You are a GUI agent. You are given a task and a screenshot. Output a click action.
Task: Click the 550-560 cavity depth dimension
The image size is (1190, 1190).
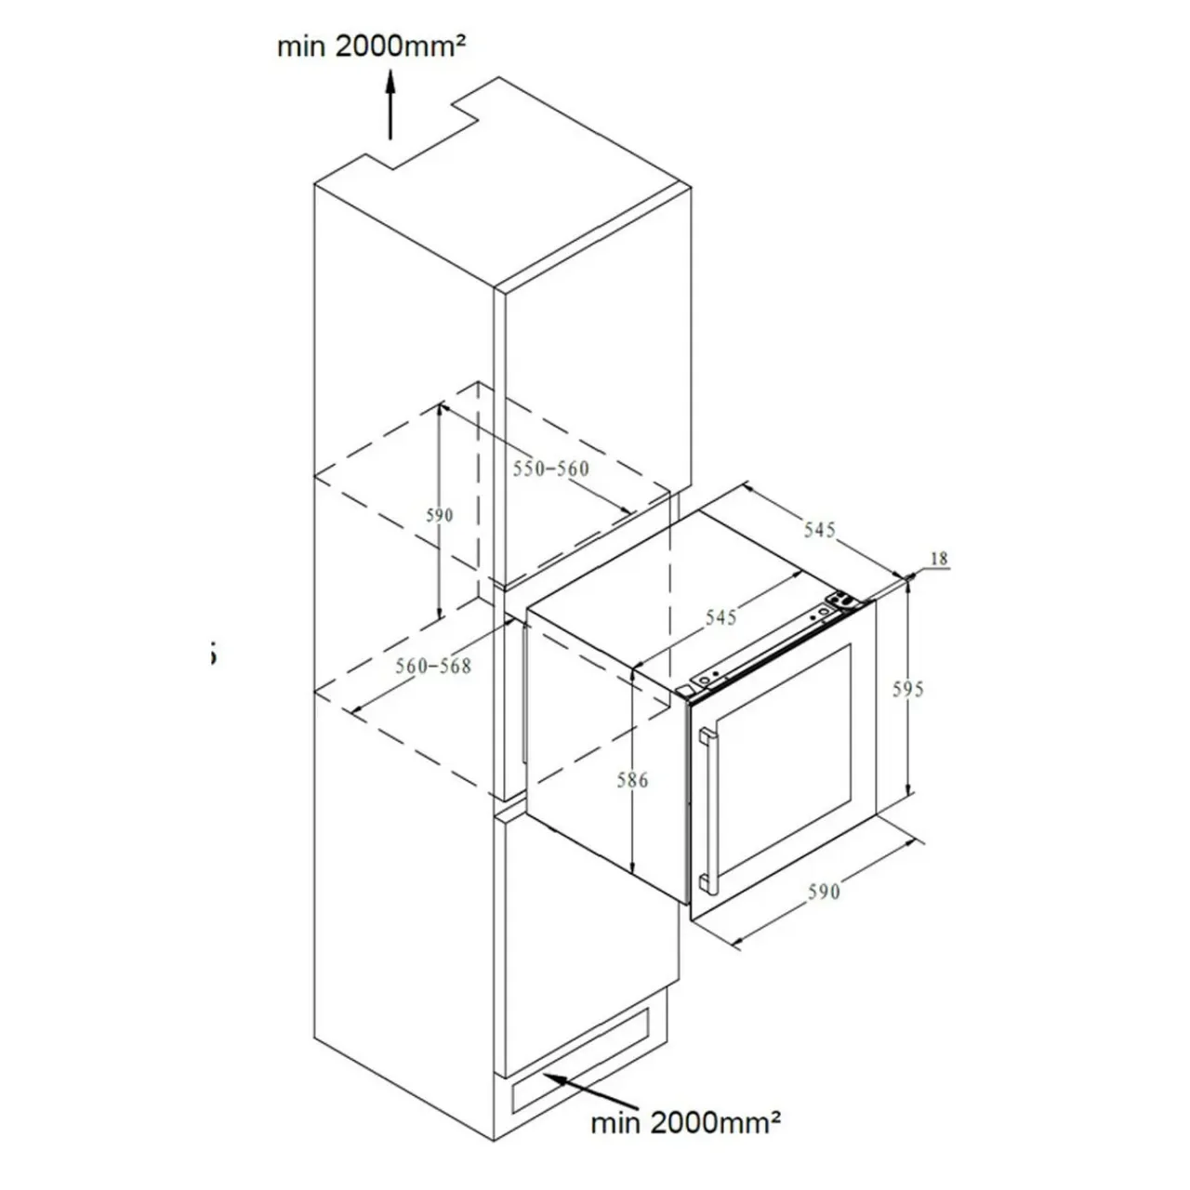(551, 469)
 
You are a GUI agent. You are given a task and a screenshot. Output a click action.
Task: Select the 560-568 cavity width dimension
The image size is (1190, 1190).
(433, 666)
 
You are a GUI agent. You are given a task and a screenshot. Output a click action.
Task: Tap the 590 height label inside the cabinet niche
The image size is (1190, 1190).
(439, 515)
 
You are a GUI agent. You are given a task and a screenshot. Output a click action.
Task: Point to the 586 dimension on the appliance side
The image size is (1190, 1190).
(632, 781)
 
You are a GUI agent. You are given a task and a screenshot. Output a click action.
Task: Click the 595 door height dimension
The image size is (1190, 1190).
(907, 689)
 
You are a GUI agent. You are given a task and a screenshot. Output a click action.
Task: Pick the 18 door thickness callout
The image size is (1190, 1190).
(939, 559)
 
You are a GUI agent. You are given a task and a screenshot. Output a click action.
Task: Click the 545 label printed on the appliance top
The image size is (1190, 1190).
(721, 617)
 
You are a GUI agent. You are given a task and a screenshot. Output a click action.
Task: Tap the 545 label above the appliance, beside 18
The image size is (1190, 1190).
(819, 529)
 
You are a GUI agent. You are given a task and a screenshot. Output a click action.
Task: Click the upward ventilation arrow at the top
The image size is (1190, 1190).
(390, 104)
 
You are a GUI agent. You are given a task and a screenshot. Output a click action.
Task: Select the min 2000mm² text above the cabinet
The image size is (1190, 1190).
(371, 46)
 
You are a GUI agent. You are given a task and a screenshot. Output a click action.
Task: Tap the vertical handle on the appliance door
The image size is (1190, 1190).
(708, 811)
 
